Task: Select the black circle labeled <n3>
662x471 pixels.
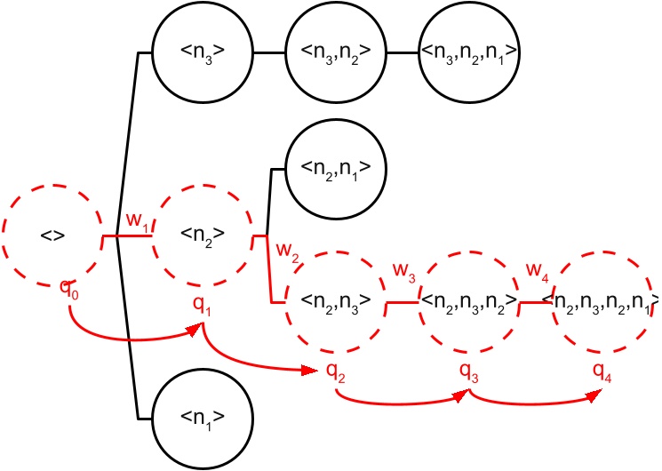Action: [202, 52]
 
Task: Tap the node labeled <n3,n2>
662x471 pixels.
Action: [335, 52]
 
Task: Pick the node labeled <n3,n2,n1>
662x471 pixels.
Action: [468, 52]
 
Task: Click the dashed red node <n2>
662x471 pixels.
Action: [202, 235]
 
